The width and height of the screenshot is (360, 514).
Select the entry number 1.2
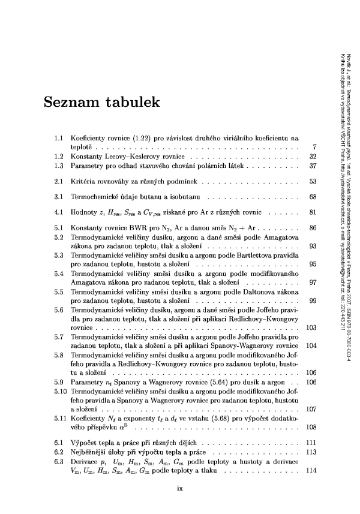(x=59, y=156)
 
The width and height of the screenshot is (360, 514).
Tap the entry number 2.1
(x=59, y=181)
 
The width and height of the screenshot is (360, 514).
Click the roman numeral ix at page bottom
(x=180, y=487)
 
